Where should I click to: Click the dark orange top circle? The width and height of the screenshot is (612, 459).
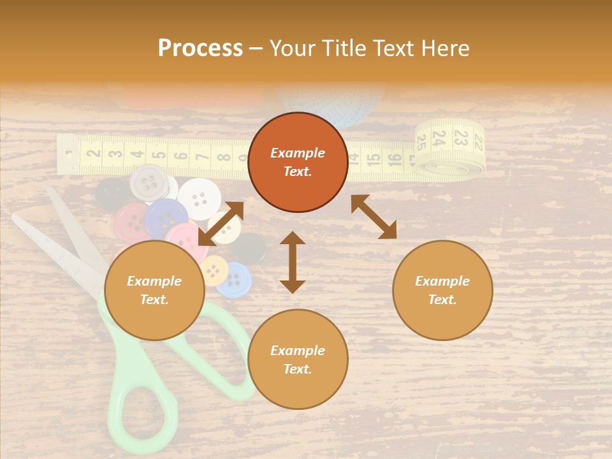pyautogui.click(x=298, y=163)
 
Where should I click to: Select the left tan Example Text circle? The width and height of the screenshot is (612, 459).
pyautogui.click(x=154, y=290)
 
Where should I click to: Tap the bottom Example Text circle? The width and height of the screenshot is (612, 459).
pyautogui.click(x=298, y=360)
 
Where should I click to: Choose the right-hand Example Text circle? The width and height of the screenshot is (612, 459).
pyautogui.click(x=442, y=290)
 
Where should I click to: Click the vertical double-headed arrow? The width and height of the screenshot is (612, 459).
pyautogui.click(x=293, y=262)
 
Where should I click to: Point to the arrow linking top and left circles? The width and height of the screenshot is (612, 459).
pyautogui.click(x=221, y=224)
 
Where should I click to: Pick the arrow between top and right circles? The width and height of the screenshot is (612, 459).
pyautogui.click(x=374, y=217)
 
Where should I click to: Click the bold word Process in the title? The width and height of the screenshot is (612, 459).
pyautogui.click(x=200, y=48)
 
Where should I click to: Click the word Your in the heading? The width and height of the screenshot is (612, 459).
pyautogui.click(x=291, y=48)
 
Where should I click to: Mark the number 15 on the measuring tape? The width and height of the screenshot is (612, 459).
pyautogui.click(x=374, y=157)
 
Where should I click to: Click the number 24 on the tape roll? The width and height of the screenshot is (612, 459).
pyautogui.click(x=439, y=137)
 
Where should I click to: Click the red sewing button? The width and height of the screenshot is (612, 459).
pyautogui.click(x=132, y=222)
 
